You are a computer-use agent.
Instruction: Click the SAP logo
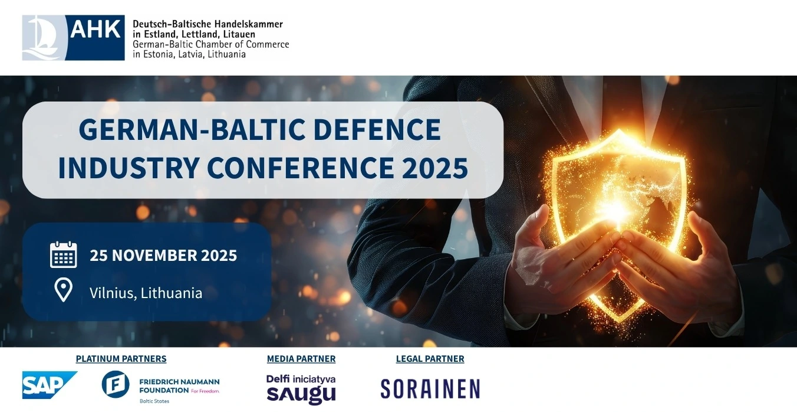pos(50,385)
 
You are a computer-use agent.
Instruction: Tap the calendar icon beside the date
pos(63,254)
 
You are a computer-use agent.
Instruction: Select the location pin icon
pos(63,290)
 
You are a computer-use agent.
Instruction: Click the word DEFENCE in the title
pos(377,129)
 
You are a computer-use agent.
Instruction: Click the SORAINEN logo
pos(430,388)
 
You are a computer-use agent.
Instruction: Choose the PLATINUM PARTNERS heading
pos(121,358)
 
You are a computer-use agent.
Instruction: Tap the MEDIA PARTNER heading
pos(301,358)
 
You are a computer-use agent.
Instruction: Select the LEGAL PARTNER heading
pos(430,358)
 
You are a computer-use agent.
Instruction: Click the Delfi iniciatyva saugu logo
pos(301,390)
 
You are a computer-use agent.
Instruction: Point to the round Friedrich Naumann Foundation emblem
pos(116,384)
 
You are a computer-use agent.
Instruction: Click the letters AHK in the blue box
pos(95,30)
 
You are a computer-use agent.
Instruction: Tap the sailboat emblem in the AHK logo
pos(43,37)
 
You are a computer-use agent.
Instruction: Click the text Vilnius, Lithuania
pos(146,293)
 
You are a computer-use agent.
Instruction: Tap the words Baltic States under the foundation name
pos(154,401)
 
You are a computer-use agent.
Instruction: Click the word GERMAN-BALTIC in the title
pos(192,129)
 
